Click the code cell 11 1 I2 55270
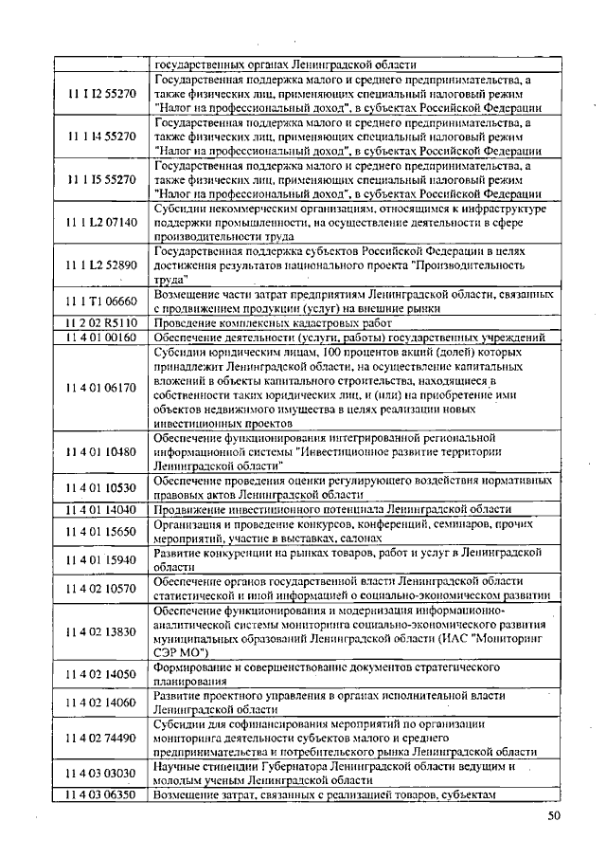click(101, 95)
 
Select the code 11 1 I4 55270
click(101, 137)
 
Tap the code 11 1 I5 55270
click(101, 177)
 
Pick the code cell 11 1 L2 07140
click(101, 223)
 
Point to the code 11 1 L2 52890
click(101, 265)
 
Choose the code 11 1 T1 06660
click(101, 301)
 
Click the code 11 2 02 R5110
click(101, 322)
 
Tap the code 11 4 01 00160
click(101, 337)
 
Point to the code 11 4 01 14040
click(101, 509)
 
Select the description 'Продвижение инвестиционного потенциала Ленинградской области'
click(332, 509)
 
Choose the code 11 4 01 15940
click(101, 559)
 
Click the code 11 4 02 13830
click(101, 631)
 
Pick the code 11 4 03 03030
click(101, 774)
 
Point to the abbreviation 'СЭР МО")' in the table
click(184, 652)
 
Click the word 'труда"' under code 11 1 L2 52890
click(170, 281)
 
